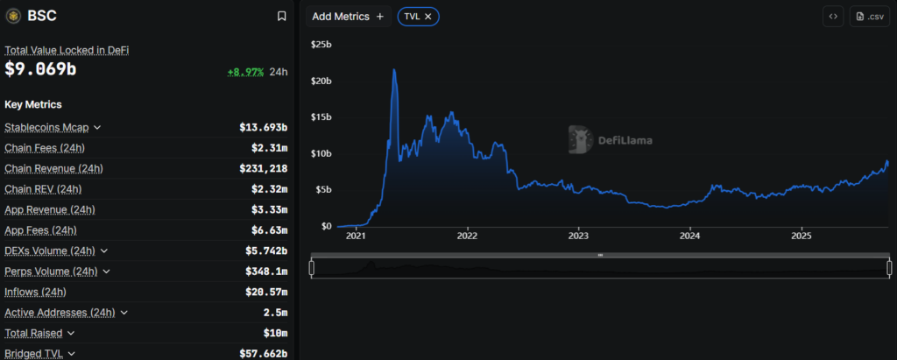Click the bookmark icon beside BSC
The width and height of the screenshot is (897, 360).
pyautogui.click(x=281, y=16)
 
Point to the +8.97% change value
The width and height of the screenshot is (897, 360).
pyautogui.click(x=244, y=73)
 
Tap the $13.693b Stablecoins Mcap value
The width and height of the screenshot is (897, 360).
pyautogui.click(x=263, y=127)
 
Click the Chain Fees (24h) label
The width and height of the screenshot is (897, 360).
pyautogui.click(x=45, y=147)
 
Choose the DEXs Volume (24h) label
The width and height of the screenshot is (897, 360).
pyautogui.click(x=49, y=251)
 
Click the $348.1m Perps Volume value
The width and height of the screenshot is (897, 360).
pyautogui.click(x=266, y=272)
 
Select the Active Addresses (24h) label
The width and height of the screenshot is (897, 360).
pyautogui.click(x=60, y=313)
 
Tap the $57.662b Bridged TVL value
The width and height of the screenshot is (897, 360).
pyautogui.click(x=263, y=354)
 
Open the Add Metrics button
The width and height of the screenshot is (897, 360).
pyautogui.click(x=348, y=17)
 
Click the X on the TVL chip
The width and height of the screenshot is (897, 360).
pyautogui.click(x=427, y=17)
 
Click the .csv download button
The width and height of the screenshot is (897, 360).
pyautogui.click(x=870, y=17)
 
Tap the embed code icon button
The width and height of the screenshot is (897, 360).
pyautogui.click(x=832, y=17)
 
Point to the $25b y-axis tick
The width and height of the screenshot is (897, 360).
pyautogui.click(x=320, y=44)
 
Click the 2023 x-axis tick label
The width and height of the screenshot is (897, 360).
pyautogui.click(x=578, y=236)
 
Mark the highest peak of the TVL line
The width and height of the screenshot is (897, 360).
pyautogui.click(x=394, y=69)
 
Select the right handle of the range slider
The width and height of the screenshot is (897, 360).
pyautogui.click(x=887, y=268)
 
